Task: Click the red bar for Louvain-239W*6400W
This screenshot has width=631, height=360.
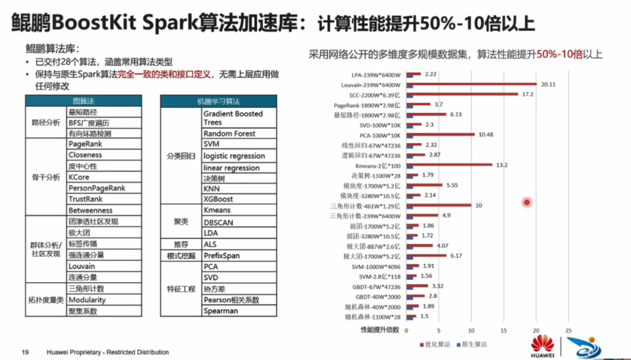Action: coord(471,84)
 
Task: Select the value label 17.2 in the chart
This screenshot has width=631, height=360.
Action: coord(528,94)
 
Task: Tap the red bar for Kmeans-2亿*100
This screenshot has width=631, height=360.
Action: coord(449,165)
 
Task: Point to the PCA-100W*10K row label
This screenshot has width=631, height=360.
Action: coord(380,135)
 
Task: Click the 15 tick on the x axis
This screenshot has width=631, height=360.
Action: coord(504,331)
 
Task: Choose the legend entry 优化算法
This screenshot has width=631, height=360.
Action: coord(436,345)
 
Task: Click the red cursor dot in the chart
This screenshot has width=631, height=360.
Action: coord(526,202)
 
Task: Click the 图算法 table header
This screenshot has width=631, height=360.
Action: coord(83,101)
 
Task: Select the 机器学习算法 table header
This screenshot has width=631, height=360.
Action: coord(218,101)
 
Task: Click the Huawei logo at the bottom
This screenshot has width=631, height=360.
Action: coord(542,346)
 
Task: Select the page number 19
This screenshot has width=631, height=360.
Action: coord(25,352)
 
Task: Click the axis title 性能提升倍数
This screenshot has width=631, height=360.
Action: coord(380,330)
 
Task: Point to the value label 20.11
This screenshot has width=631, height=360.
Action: coord(548,84)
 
